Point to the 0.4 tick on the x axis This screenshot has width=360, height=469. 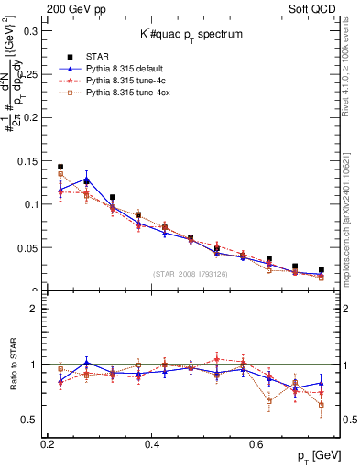tap(153, 443)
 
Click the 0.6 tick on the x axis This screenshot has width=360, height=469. tap(258, 443)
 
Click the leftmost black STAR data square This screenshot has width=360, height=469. tap(60, 167)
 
